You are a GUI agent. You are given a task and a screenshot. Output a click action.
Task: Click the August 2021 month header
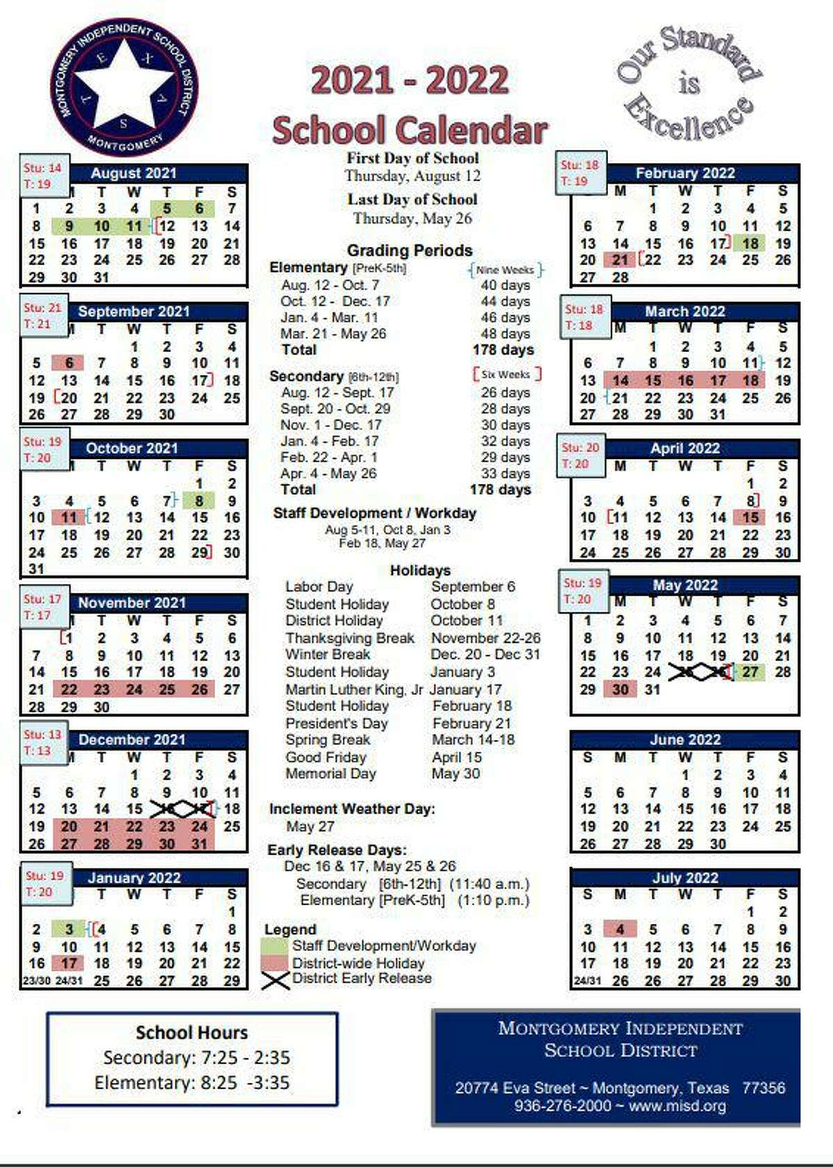(x=134, y=173)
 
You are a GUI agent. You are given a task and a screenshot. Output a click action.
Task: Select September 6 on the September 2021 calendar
(x=69, y=363)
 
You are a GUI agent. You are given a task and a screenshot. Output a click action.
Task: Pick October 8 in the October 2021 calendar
(x=199, y=501)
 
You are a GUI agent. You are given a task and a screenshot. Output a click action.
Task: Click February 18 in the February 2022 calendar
(x=750, y=243)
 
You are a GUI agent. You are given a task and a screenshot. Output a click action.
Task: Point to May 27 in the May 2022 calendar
(x=750, y=672)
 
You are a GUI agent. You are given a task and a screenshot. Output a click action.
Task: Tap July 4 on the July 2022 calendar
(x=620, y=929)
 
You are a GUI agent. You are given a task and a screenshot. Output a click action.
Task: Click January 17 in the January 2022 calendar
(x=69, y=964)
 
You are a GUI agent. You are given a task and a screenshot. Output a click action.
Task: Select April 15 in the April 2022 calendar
(x=750, y=517)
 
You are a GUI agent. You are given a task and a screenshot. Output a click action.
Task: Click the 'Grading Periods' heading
(x=410, y=251)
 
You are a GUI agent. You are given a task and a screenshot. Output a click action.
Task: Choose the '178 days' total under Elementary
(x=503, y=350)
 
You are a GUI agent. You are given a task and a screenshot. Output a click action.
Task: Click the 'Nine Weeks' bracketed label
(x=505, y=270)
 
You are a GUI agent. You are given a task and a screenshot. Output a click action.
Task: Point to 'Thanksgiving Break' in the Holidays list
(x=350, y=638)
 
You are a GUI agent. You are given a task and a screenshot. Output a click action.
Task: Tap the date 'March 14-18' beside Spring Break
(x=473, y=740)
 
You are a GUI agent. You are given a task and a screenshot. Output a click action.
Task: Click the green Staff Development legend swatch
(x=275, y=946)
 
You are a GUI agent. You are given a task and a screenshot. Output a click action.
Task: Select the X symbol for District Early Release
(x=276, y=980)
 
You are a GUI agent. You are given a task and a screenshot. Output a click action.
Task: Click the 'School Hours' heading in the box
(x=192, y=1032)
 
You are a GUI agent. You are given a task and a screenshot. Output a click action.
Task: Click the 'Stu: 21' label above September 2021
(x=42, y=308)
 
